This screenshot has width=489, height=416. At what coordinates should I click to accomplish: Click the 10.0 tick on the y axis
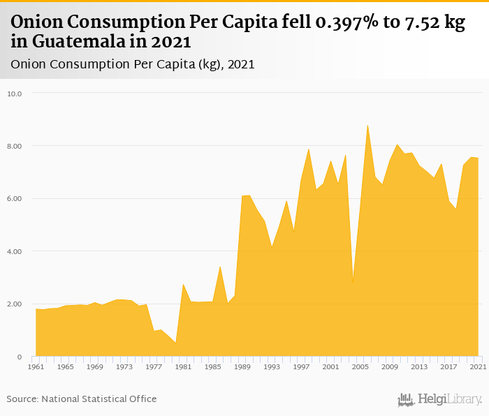coord(14,93)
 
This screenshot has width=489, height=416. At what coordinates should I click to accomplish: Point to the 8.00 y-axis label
coord(14,146)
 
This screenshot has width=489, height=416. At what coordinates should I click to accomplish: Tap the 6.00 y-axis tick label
coord(14,198)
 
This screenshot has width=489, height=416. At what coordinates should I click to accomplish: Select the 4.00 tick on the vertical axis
coord(14,251)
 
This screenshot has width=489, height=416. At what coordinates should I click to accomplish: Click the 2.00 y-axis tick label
coord(14,304)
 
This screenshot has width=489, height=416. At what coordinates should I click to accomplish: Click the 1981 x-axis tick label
coord(183,366)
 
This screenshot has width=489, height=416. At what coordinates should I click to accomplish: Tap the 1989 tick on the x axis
coord(242,366)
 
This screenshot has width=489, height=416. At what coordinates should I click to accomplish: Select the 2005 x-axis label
coord(360,366)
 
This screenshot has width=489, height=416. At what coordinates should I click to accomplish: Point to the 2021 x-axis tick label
coord(478,366)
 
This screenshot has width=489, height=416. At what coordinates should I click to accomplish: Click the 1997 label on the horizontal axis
coord(301,366)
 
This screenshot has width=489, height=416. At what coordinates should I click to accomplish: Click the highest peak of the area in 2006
coord(367,126)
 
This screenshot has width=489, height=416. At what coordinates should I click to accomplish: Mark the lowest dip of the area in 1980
coord(175,343)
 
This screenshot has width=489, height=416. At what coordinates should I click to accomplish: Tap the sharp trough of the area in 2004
coord(353,283)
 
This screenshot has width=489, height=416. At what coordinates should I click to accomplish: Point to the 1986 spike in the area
coord(220,267)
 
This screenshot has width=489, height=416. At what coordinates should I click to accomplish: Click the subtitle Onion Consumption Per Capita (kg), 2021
coord(132,64)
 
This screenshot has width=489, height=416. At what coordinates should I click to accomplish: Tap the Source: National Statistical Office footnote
coord(82,399)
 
